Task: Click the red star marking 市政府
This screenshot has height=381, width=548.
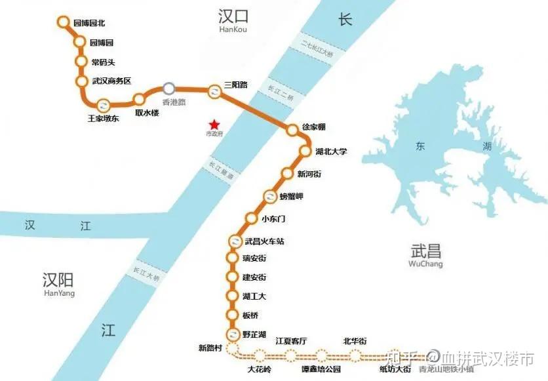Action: (x=214, y=124)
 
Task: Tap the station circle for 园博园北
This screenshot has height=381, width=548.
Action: (x=64, y=22)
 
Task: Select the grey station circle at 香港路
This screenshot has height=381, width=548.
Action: (x=169, y=88)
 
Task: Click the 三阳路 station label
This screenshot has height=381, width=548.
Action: (x=237, y=85)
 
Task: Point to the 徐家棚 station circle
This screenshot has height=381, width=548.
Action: (x=292, y=130)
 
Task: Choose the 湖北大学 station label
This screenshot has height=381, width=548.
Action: (x=332, y=151)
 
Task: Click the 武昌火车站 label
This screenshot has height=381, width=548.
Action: (x=264, y=241)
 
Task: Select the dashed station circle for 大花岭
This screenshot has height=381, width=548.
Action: (x=260, y=356)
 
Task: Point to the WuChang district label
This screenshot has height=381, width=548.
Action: (x=425, y=264)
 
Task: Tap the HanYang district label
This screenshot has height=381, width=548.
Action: (x=58, y=293)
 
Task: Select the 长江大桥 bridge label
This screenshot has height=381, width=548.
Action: (x=146, y=272)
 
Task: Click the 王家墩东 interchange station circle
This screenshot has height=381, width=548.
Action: (x=103, y=105)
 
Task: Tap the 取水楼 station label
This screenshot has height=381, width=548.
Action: (x=147, y=113)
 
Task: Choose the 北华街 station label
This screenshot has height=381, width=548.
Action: (x=355, y=341)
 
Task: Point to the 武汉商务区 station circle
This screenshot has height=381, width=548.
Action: (x=82, y=81)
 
